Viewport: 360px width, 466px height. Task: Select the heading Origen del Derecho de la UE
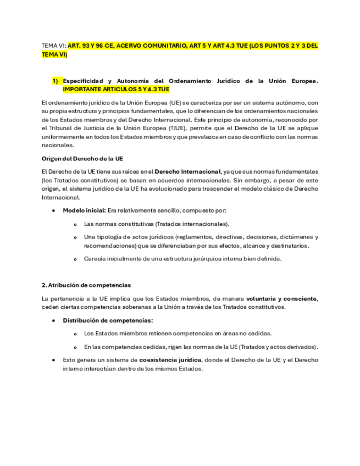click(x=82, y=158)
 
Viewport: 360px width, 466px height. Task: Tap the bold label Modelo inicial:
click(x=84, y=210)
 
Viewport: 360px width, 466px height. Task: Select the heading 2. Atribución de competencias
click(x=86, y=285)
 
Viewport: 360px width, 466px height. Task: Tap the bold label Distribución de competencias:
click(x=108, y=320)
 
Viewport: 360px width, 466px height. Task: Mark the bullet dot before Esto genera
click(x=53, y=360)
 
